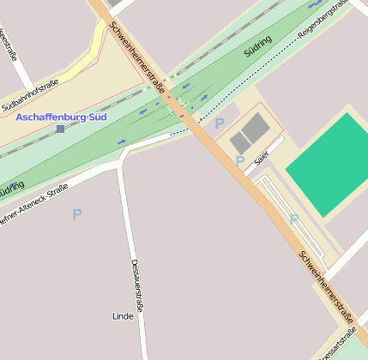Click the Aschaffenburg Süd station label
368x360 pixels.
coord(61,116)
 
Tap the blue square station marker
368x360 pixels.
coord(60,129)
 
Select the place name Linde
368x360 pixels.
coord(123,316)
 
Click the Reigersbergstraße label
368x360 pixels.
coord(322,21)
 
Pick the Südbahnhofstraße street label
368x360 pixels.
coord(30,104)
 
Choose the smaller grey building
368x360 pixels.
coord(239,143)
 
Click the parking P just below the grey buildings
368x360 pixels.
coord(240,161)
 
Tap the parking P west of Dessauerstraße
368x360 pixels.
coord(77,214)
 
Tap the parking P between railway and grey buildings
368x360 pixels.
coord(219,123)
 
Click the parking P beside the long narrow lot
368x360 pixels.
coord(293,219)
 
